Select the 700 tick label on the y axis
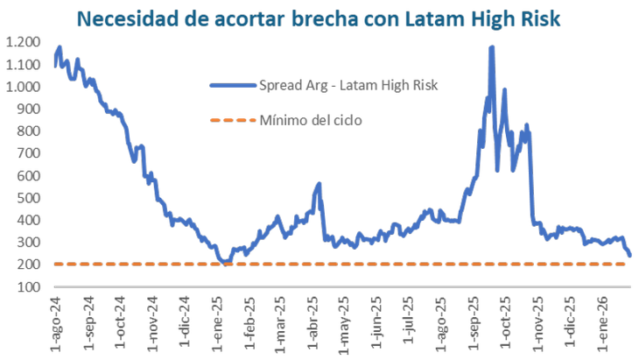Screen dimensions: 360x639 coord(27,153)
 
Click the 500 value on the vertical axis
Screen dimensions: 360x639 coord(27,198)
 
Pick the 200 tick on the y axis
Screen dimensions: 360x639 coord(27,265)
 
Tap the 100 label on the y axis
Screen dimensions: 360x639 coord(27,287)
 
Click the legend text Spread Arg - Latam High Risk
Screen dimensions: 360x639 coord(348,85)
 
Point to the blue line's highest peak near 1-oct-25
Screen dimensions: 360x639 coord(491,47)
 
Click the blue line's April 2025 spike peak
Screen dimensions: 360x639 coord(319,184)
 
